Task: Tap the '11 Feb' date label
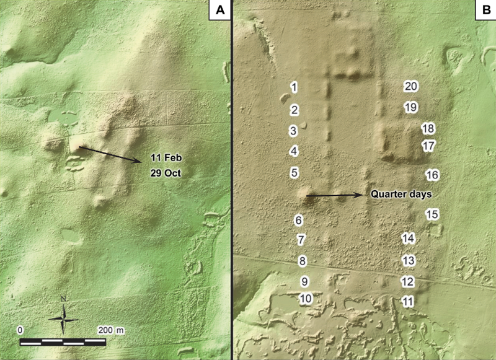coord(164,157)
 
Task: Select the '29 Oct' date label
coord(165,173)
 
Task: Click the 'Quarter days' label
coord(401,194)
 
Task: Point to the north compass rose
coord(64,318)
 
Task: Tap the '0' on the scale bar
coord(21,328)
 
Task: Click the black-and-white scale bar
coord(63,341)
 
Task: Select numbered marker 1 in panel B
coord(294,87)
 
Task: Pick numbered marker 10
coord(304,299)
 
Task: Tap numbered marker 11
coord(407,302)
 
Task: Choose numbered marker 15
coord(432,214)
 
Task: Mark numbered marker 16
coord(432,175)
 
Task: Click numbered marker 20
coord(410,87)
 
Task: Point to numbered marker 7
coord(302,239)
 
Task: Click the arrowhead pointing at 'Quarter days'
coord(361,195)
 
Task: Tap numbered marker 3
coord(294,131)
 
